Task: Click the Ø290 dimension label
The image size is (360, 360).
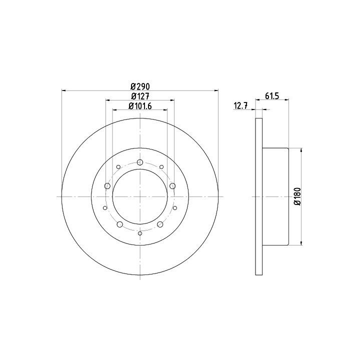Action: tap(140, 86)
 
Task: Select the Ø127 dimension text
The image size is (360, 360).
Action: tap(140, 96)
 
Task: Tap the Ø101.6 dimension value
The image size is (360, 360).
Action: tap(140, 106)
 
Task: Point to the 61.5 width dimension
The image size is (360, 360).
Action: tap(272, 96)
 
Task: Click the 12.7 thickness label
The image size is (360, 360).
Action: tap(240, 106)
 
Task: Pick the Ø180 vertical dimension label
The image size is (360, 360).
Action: tap(297, 196)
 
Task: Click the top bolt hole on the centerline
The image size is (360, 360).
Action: tap(140, 162)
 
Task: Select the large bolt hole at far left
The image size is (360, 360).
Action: tap(107, 185)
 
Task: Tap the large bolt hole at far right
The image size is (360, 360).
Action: tap(172, 185)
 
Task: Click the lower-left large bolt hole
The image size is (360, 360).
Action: tap(120, 224)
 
